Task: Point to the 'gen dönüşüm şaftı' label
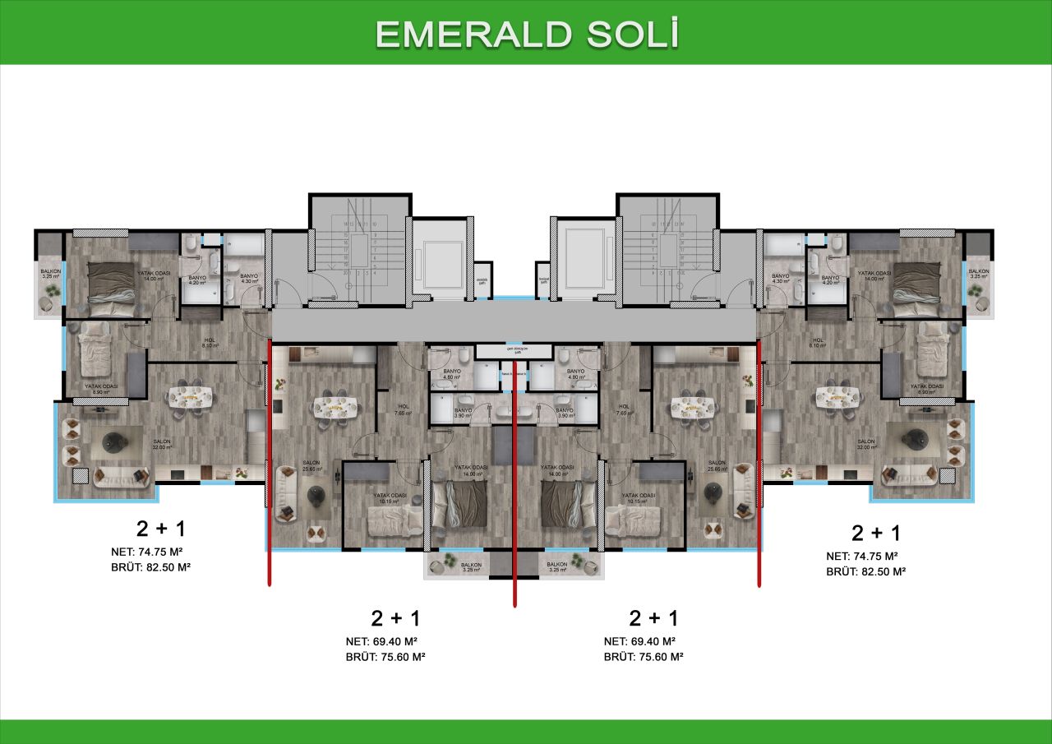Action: (514, 351)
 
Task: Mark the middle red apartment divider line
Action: (514, 501)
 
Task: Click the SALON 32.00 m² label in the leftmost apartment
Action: (162, 444)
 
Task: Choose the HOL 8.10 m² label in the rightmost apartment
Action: (818, 343)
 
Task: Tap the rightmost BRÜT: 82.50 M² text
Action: (865, 571)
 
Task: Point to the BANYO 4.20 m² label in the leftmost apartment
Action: (198, 280)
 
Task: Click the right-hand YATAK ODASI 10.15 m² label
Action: (639, 497)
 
